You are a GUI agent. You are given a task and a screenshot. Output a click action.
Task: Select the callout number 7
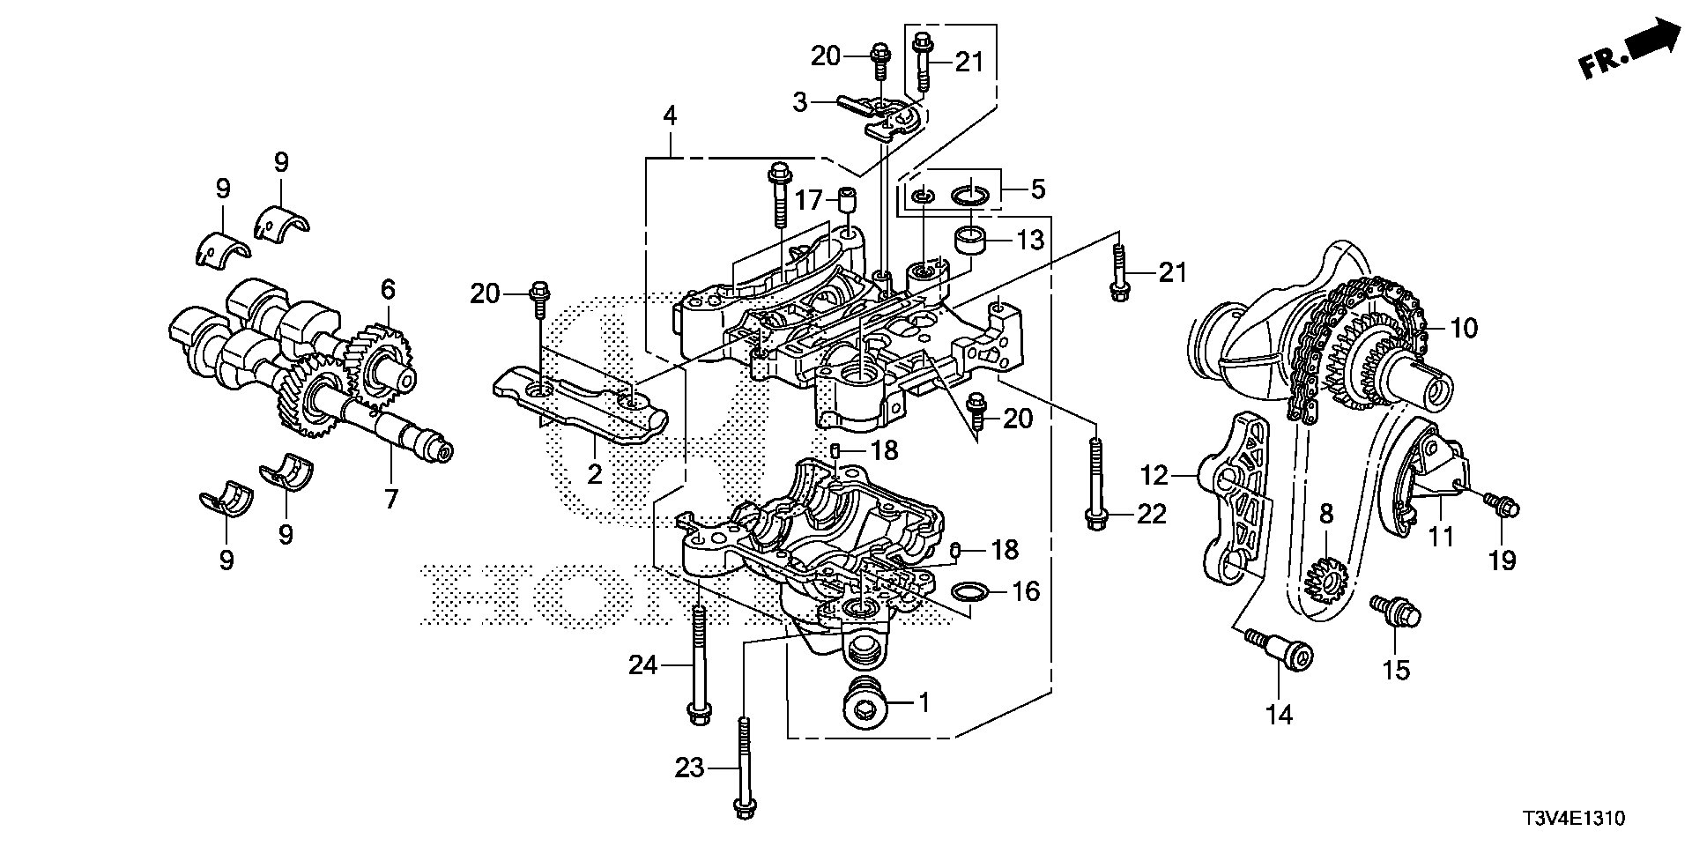tap(390, 500)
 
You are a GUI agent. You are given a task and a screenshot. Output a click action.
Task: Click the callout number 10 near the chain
tap(1463, 329)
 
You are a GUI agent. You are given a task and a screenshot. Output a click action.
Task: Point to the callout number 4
tap(671, 115)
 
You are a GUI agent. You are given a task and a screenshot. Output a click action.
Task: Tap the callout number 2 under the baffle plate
tap(594, 474)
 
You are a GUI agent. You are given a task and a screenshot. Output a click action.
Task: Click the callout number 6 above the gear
tap(388, 288)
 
